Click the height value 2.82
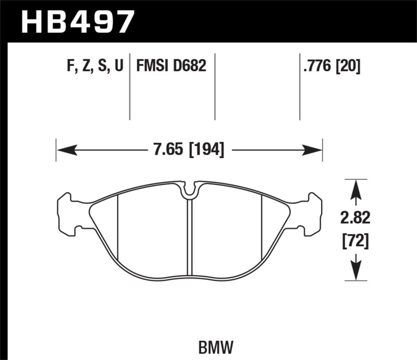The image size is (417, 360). [355, 217]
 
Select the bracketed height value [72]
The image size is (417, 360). [355, 241]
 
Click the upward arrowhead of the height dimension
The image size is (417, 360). [355, 189]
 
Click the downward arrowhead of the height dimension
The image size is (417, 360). [355, 271]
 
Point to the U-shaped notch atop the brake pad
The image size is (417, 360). [190, 191]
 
